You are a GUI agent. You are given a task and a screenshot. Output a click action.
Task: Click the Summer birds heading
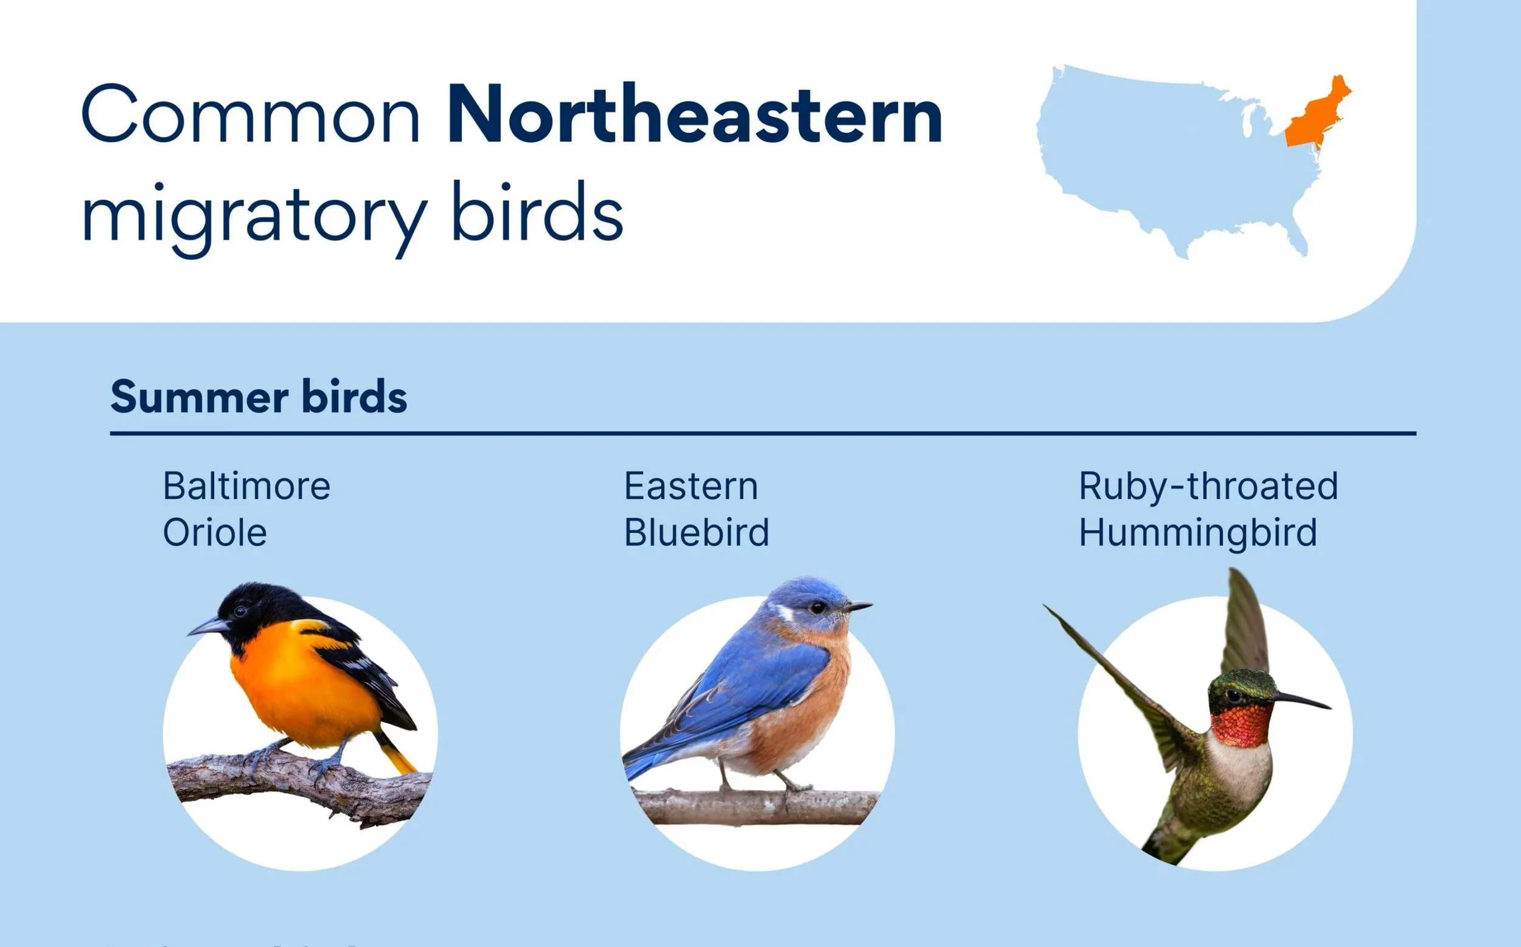(258, 397)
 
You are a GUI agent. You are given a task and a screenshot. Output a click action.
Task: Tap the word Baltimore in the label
(246, 486)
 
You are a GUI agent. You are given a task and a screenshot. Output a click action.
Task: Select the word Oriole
(215, 533)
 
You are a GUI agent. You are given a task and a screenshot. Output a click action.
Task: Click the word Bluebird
(696, 533)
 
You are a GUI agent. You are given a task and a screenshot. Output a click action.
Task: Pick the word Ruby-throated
(1208, 486)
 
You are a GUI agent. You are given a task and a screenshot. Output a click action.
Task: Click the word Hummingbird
(1197, 533)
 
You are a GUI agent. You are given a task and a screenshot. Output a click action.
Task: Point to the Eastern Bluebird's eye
(817, 608)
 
